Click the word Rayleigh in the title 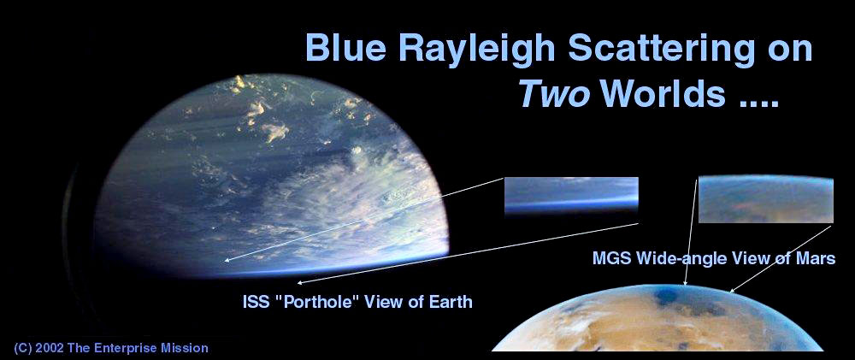click(476, 49)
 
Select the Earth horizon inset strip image click(571, 195)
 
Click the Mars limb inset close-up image click(765, 199)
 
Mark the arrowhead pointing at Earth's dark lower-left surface click(227, 260)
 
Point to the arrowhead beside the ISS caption click(300, 282)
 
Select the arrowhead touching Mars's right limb click(731, 290)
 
